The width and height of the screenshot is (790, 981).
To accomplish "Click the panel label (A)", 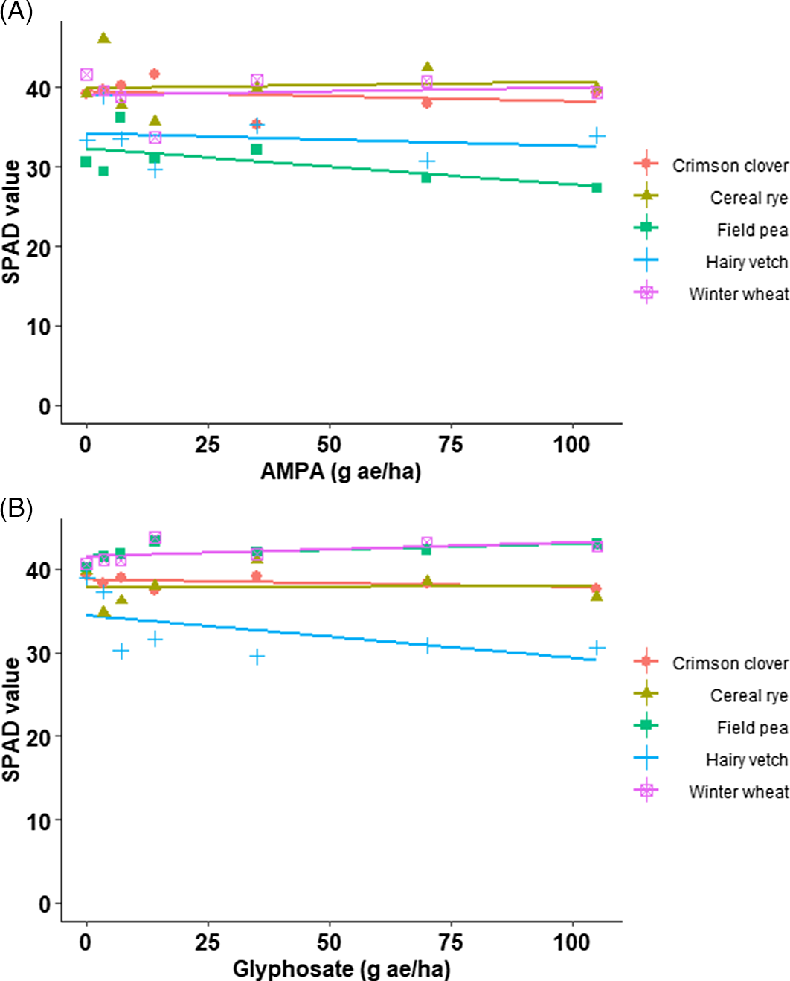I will point(16,13).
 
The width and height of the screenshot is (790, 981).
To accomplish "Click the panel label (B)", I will point(16,509).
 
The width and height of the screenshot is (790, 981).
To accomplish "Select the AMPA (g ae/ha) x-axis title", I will point(340,472).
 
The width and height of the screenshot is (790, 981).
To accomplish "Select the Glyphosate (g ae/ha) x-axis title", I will point(341,969).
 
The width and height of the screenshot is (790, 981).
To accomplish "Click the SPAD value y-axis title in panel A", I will point(12,222).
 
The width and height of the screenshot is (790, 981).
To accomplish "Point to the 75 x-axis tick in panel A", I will point(451,445).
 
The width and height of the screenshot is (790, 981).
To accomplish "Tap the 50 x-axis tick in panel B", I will point(329,942).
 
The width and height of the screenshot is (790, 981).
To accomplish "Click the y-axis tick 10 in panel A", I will point(39,327).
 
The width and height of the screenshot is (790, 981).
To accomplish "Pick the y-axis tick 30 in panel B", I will point(39,654).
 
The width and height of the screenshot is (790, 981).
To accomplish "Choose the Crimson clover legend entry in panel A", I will point(730,166).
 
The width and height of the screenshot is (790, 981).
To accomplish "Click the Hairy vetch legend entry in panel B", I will point(746,759).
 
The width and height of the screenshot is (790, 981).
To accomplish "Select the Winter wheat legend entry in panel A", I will point(738,294).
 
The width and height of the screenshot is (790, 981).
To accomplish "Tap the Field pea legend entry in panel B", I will point(752,727).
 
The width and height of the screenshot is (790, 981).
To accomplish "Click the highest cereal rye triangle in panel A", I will point(104,38).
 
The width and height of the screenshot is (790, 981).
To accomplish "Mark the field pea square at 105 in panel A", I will point(597,187).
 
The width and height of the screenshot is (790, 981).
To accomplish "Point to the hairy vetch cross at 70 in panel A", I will point(426,161).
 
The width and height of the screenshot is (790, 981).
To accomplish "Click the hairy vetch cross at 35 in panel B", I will point(257,657).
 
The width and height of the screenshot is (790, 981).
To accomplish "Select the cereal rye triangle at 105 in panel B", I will point(597,596).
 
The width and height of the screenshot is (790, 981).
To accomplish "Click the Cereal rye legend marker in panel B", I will point(646,695).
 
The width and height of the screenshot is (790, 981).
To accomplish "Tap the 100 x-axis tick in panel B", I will point(572,942).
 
